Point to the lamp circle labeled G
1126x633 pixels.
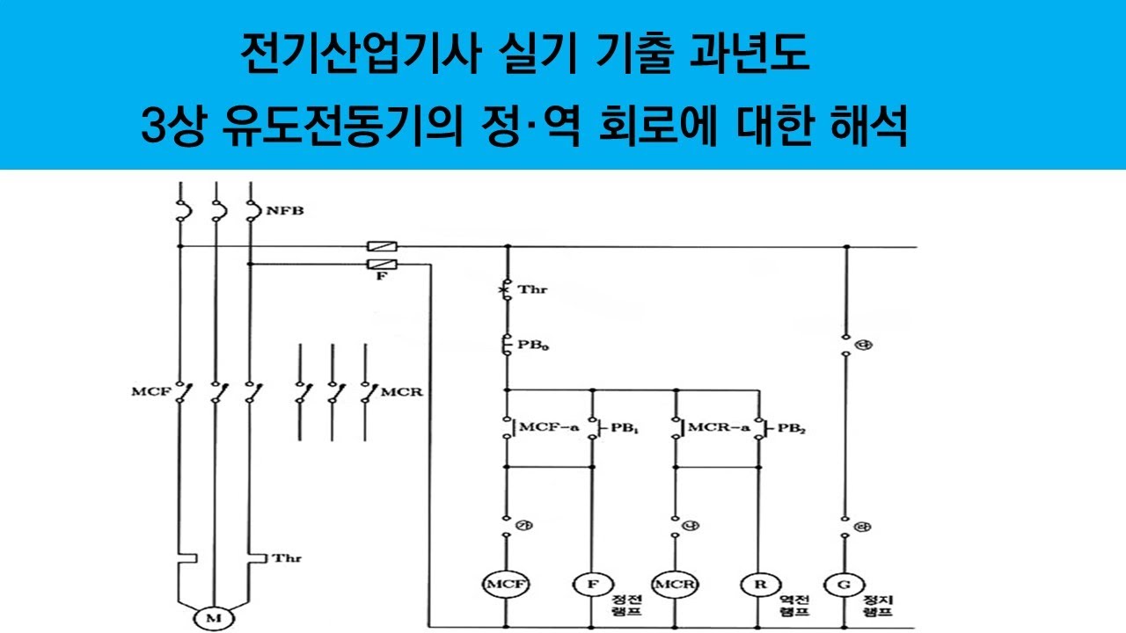pyautogui.click(x=843, y=584)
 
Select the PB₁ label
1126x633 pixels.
pyautogui.click(x=623, y=428)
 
